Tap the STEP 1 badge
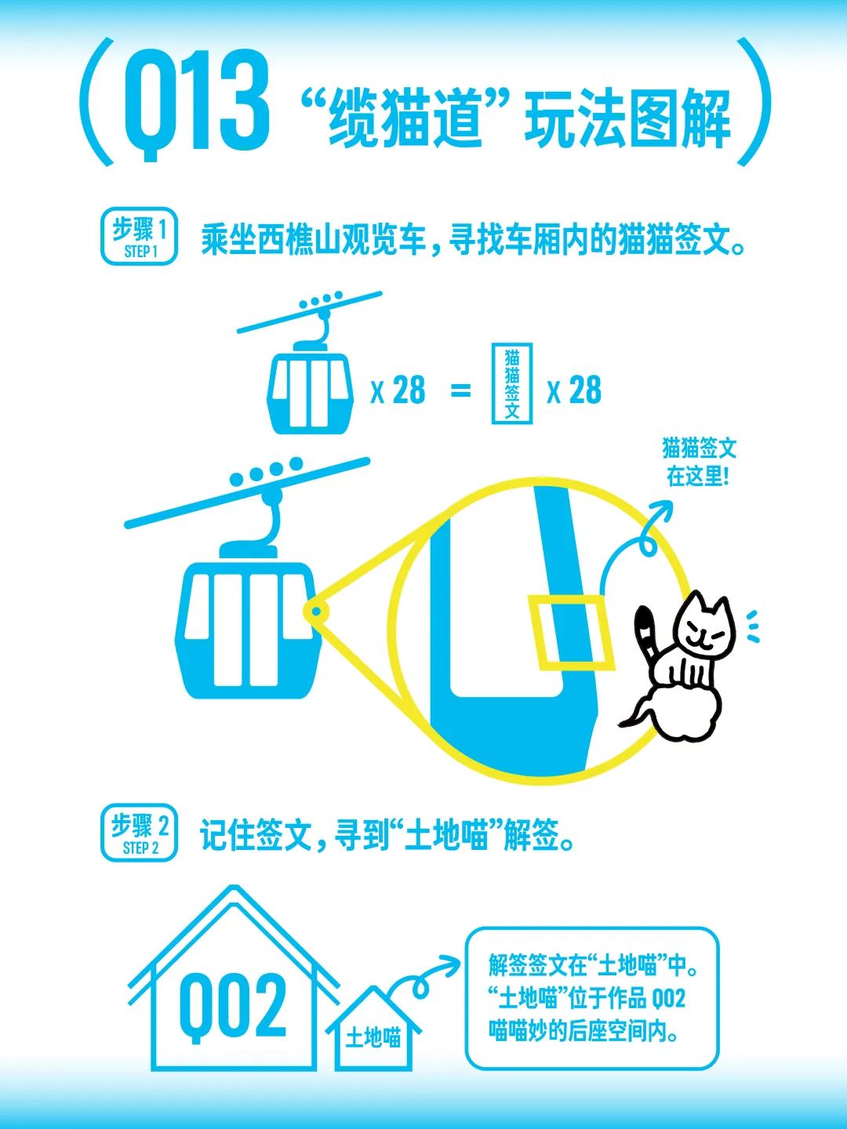[139, 236]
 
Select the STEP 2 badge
[139, 832]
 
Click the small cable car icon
[310, 363]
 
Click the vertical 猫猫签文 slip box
[511, 383]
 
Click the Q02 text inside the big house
[232, 1008]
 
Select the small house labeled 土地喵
[373, 1029]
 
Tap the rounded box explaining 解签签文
[591, 999]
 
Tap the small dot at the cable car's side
[316, 612]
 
